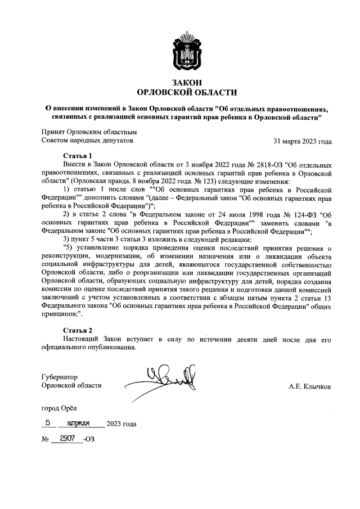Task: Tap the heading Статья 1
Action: pyautogui.click(x=76, y=155)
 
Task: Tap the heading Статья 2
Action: pyautogui.click(x=76, y=330)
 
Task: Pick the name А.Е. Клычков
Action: pyautogui.click(x=309, y=386)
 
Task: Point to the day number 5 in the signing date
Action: pyautogui.click(x=48, y=422)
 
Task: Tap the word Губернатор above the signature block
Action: pyautogui.click(x=59, y=376)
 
